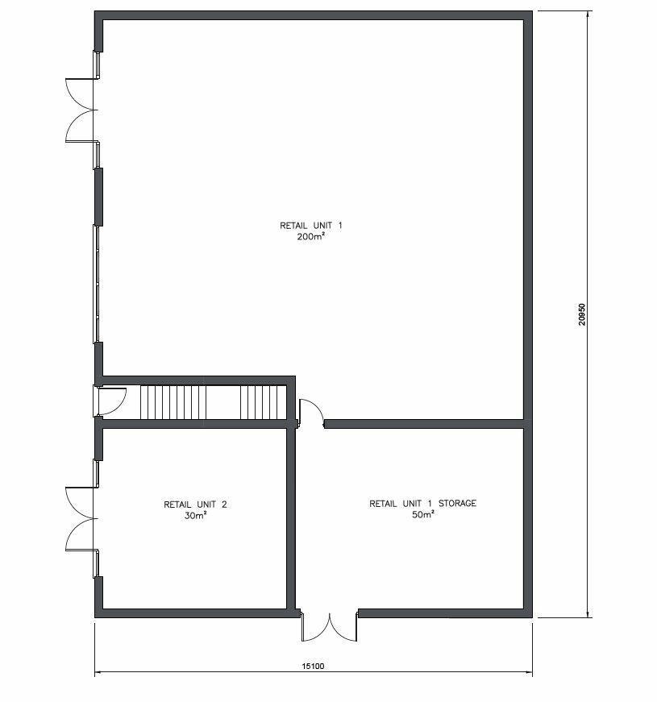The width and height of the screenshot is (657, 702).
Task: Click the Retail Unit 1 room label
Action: coord(311,226)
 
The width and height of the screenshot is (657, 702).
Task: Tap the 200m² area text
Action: coord(310,237)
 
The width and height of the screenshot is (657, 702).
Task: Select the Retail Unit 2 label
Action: coord(195,505)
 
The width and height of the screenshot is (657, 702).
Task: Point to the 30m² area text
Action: coord(195,516)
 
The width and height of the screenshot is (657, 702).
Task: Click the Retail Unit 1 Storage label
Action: coord(422,504)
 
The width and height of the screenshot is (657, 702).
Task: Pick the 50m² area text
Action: coord(422,515)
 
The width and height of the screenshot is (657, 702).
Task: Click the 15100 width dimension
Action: coord(313,667)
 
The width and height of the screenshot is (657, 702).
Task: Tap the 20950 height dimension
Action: coord(581,314)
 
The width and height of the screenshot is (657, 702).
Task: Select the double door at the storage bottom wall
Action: coord(329,627)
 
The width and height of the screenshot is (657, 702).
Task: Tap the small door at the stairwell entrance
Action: coord(112,401)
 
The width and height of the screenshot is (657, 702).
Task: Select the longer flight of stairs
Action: coord(173,402)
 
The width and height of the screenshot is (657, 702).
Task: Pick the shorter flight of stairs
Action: coord(264,402)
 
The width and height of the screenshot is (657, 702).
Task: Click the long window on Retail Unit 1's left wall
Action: coord(96,284)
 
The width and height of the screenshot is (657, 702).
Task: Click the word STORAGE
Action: coord(457,504)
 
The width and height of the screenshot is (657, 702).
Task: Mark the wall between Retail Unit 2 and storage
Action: coord(291,518)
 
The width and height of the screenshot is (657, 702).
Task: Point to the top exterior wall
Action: coord(314,15)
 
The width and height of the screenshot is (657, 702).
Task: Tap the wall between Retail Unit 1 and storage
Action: coord(424,423)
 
